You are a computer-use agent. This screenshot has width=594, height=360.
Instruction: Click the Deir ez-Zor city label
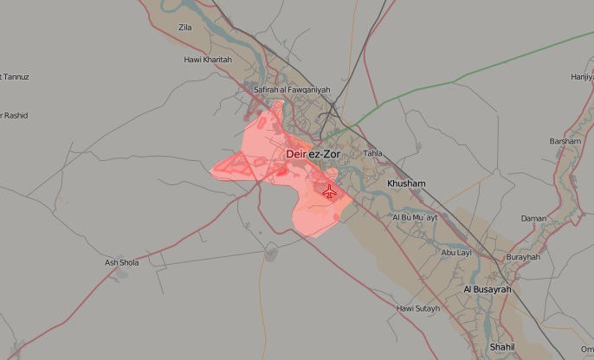point(313,154)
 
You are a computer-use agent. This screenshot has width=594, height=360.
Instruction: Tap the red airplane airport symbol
point(329,191)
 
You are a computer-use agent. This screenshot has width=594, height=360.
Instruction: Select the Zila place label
point(184,28)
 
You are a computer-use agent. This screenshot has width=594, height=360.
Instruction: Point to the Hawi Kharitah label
point(208,59)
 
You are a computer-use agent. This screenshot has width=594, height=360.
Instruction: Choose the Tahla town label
point(372,153)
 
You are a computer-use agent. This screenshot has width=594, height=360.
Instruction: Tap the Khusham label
point(406,184)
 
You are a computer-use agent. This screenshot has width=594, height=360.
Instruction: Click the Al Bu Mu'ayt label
point(415,217)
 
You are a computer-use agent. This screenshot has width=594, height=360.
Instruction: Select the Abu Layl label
point(455,253)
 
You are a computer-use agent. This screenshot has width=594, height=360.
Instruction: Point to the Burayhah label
point(523,257)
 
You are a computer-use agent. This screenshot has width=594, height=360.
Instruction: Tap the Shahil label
point(501,346)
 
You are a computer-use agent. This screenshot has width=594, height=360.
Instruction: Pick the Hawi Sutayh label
point(417,308)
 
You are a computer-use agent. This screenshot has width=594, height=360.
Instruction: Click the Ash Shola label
point(121,262)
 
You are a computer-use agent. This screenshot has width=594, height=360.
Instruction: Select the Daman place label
point(533,219)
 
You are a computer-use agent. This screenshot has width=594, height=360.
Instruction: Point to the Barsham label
point(565,141)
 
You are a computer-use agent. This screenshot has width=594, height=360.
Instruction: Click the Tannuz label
point(15,77)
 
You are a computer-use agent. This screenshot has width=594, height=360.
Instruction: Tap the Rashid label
point(15,116)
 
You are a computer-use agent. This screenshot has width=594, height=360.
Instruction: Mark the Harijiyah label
point(581,77)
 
